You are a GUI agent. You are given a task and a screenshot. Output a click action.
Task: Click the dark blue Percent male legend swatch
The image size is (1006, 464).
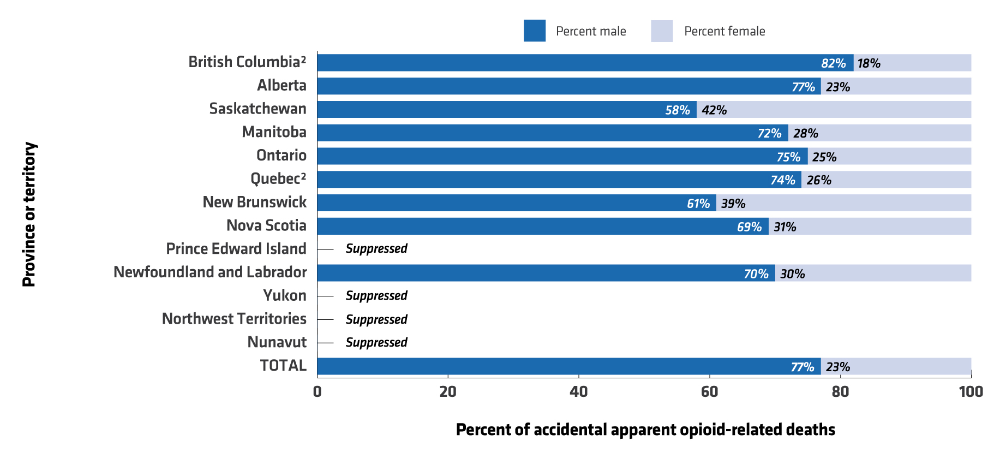pos(535,31)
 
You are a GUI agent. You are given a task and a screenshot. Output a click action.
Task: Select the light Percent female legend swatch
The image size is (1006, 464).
pos(662,31)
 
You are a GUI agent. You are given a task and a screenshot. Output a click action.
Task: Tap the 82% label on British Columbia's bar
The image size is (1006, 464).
pos(834,63)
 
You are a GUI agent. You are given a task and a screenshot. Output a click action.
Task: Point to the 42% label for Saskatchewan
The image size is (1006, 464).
pos(714,110)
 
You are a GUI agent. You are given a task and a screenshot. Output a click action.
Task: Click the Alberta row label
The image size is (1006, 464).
pos(282,86)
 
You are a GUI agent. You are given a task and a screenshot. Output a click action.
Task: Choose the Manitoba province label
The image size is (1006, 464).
pos(274,132)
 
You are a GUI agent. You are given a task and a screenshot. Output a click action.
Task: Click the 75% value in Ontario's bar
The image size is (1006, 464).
pos(788,157)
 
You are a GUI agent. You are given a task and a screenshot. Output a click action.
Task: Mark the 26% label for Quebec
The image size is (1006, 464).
pos(819,180)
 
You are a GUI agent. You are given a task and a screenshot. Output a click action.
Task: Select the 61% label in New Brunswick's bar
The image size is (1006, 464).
pos(698,204)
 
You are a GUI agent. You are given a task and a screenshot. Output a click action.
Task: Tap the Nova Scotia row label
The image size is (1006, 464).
pos(266,225)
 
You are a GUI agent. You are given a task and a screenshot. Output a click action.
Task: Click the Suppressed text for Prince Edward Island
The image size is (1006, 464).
pos(376,249)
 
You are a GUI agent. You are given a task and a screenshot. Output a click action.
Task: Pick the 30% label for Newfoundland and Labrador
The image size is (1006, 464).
pos(792,274)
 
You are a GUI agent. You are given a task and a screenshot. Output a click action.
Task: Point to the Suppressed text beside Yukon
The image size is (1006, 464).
pos(376,296)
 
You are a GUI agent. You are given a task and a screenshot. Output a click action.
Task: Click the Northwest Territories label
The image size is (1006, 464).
pos(234,319)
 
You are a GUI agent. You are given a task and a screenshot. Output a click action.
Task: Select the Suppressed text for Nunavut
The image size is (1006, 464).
pos(376,343)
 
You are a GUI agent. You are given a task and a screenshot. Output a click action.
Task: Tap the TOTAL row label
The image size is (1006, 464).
pos(283,366)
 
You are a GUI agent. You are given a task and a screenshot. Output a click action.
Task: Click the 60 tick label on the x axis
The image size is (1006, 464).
pos(709,392)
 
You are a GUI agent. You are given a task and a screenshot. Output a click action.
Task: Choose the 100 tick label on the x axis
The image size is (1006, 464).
pos(971,392)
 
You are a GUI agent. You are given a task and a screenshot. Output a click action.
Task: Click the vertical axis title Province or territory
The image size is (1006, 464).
pos(29,215)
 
